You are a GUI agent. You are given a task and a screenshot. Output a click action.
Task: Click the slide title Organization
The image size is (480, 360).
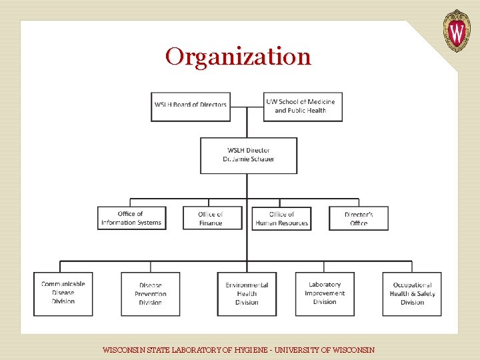[x=238, y=57]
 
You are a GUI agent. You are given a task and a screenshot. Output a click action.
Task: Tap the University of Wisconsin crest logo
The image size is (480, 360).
[x=457, y=31]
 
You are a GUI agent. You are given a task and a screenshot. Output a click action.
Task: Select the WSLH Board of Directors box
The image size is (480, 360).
[x=191, y=106]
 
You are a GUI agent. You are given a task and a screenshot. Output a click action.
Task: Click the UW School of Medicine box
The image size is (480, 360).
[x=303, y=106]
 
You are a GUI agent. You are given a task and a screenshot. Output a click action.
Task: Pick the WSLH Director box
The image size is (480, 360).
[x=249, y=155]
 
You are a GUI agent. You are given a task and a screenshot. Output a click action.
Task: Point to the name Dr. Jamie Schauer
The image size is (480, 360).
[x=249, y=159]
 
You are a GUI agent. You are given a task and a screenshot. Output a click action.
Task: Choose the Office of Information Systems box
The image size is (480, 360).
[x=131, y=218]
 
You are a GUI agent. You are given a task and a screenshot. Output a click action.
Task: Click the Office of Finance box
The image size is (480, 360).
[x=211, y=218]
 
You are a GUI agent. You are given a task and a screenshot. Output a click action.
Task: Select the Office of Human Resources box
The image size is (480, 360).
[x=282, y=218]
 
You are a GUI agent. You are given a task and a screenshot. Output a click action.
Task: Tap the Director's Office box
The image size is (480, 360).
[x=359, y=218]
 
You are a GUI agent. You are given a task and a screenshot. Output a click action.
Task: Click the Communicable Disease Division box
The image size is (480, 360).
[x=63, y=293]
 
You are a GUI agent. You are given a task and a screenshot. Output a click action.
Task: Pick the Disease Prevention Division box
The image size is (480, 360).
[x=150, y=294]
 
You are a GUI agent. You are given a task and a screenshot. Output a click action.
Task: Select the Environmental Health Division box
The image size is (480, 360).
[x=247, y=294]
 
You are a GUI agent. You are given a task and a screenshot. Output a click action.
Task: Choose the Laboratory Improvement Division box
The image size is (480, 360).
[x=325, y=293]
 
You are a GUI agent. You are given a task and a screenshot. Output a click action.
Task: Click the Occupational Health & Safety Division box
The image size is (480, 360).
[x=412, y=294]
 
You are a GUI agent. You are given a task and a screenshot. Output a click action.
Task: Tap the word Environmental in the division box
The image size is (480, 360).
[x=247, y=285]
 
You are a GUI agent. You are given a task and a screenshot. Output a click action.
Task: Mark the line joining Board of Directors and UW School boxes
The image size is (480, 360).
[x=247, y=106]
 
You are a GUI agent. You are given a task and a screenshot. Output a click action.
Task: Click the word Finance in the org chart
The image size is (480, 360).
[x=211, y=223]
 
